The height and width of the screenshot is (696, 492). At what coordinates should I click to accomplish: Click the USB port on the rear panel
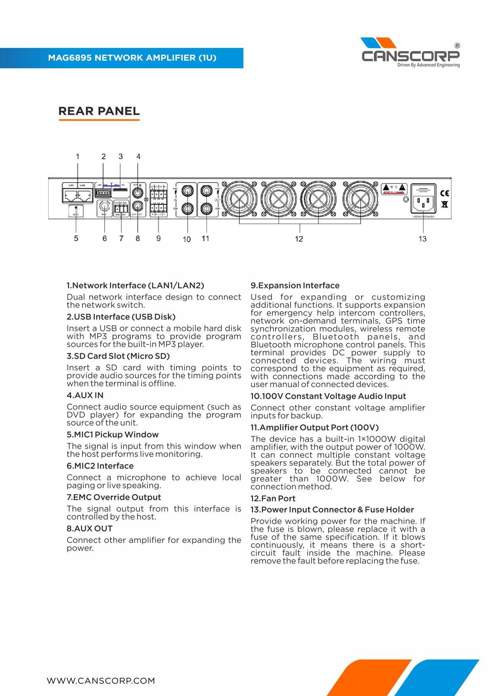(x=103, y=193)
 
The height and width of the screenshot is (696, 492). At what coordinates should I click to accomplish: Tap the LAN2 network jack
(x=84, y=195)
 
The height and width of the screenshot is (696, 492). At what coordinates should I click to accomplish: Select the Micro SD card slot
(x=120, y=190)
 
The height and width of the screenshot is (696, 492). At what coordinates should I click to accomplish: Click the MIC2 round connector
(x=105, y=206)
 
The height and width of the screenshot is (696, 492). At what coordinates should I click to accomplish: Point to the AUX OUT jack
(x=138, y=206)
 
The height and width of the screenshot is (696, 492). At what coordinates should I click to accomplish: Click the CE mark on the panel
(x=445, y=193)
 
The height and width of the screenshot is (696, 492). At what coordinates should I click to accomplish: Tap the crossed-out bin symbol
(x=445, y=205)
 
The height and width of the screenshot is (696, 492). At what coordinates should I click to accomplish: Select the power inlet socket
(x=423, y=203)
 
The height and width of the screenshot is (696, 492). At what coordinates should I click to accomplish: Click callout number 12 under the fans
(x=299, y=239)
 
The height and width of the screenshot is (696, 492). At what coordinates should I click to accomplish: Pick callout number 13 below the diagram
(x=423, y=239)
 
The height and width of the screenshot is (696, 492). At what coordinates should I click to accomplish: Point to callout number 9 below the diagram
(x=159, y=238)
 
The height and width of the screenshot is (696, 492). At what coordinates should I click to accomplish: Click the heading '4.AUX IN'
(x=85, y=395)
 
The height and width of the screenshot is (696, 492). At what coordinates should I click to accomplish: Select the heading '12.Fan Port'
(x=273, y=498)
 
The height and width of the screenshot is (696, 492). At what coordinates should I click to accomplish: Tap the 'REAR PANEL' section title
(x=99, y=111)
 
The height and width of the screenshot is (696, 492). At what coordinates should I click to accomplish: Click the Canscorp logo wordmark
(x=410, y=56)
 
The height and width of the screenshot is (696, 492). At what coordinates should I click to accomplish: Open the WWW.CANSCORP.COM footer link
(x=101, y=681)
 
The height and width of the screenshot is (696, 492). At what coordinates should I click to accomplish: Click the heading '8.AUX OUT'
(x=90, y=529)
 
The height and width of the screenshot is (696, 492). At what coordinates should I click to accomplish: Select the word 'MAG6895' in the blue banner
(x=70, y=58)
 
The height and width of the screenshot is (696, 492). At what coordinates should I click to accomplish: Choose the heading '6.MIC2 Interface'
(x=100, y=466)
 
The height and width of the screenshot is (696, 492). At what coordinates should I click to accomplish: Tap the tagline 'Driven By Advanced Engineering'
(x=429, y=65)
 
